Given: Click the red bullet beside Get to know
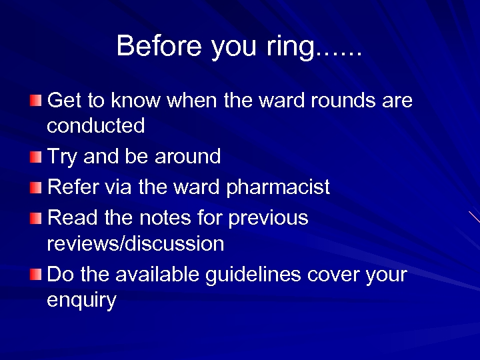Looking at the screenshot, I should (35, 101).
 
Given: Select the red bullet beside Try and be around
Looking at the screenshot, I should (35, 157).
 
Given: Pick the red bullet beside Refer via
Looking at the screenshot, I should (35, 187).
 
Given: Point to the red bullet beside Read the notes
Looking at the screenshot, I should (35, 218).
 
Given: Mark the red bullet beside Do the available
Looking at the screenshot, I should (35, 274).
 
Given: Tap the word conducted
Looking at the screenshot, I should (96, 125).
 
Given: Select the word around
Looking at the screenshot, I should (187, 157).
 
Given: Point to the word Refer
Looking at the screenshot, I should (73, 187).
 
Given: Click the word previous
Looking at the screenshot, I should (269, 219).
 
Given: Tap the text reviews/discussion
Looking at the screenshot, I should (135, 243).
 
